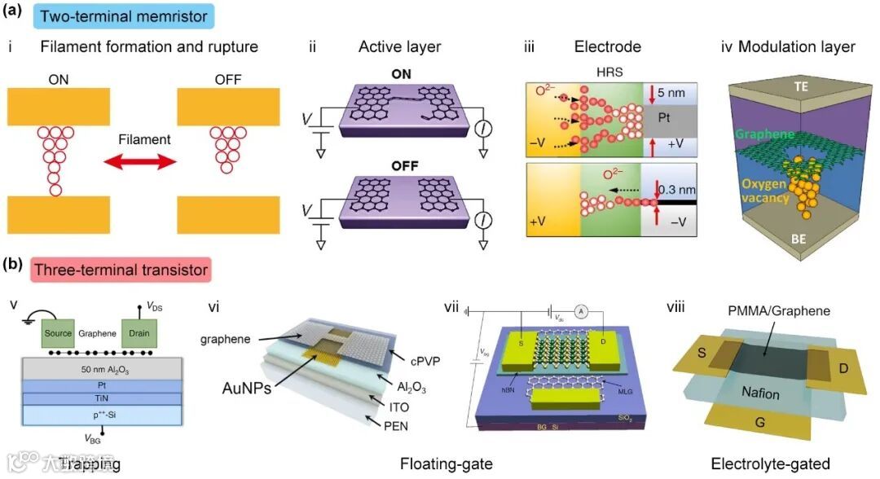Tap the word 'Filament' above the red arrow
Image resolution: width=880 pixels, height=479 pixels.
pos(144,139)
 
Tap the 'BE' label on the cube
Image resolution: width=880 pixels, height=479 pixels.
pos(799,241)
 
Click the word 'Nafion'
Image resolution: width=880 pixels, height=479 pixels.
pos(759,394)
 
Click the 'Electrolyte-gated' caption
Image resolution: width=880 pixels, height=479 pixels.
pos(770,465)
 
